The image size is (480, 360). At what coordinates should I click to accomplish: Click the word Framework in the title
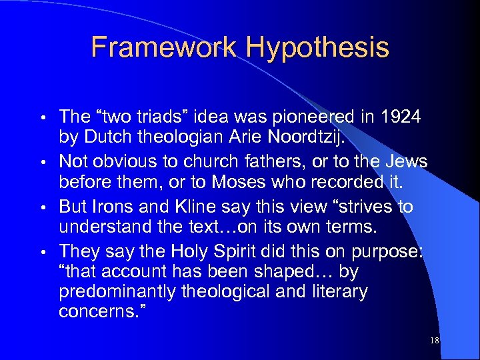pos(164,47)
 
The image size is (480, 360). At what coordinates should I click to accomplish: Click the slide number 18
pos(435,341)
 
